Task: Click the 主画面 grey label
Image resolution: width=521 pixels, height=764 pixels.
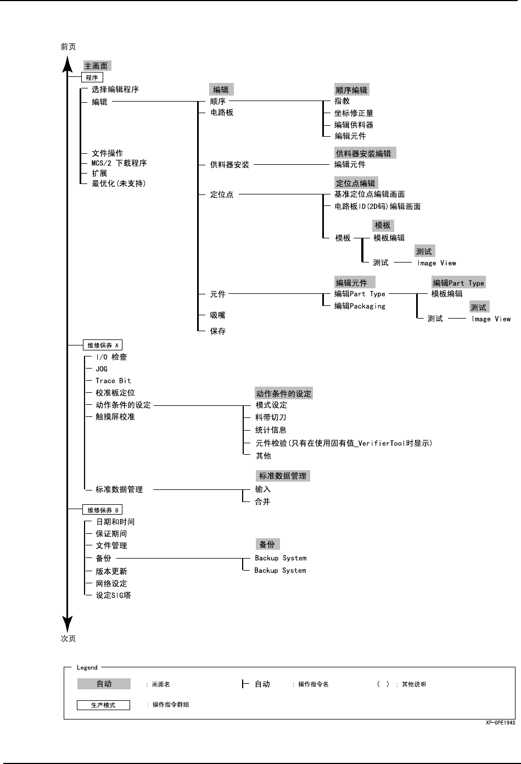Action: [97, 66]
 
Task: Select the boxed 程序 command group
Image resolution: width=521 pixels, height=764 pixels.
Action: [92, 78]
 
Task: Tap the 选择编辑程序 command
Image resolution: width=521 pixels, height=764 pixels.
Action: [115, 90]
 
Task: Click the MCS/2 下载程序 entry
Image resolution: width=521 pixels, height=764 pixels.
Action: [119, 163]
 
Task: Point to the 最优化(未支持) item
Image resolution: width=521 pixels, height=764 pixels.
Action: [119, 183]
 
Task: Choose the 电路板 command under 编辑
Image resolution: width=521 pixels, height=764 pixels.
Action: [222, 113]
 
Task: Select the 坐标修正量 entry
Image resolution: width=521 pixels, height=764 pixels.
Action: [354, 113]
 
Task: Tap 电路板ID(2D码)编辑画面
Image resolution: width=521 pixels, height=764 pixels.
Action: [378, 207]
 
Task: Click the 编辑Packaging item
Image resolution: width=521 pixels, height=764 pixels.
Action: [360, 306]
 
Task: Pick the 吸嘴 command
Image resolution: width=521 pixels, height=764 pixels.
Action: [217, 315]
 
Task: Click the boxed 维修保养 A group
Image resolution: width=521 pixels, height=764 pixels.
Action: [103, 345]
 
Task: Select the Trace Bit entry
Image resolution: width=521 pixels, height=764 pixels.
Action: [113, 381]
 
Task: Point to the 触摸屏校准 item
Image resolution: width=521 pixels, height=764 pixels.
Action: [115, 417]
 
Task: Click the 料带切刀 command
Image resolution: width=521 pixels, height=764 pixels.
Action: [271, 417]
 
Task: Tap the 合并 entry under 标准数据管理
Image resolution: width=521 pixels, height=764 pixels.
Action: [262, 501]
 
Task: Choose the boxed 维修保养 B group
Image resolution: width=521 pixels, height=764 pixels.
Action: [103, 510]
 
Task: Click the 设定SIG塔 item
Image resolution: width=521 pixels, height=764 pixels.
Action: [113, 595]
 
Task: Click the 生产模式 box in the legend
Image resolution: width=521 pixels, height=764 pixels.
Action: [103, 705]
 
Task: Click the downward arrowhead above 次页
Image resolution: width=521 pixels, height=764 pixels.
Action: [67, 623]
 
